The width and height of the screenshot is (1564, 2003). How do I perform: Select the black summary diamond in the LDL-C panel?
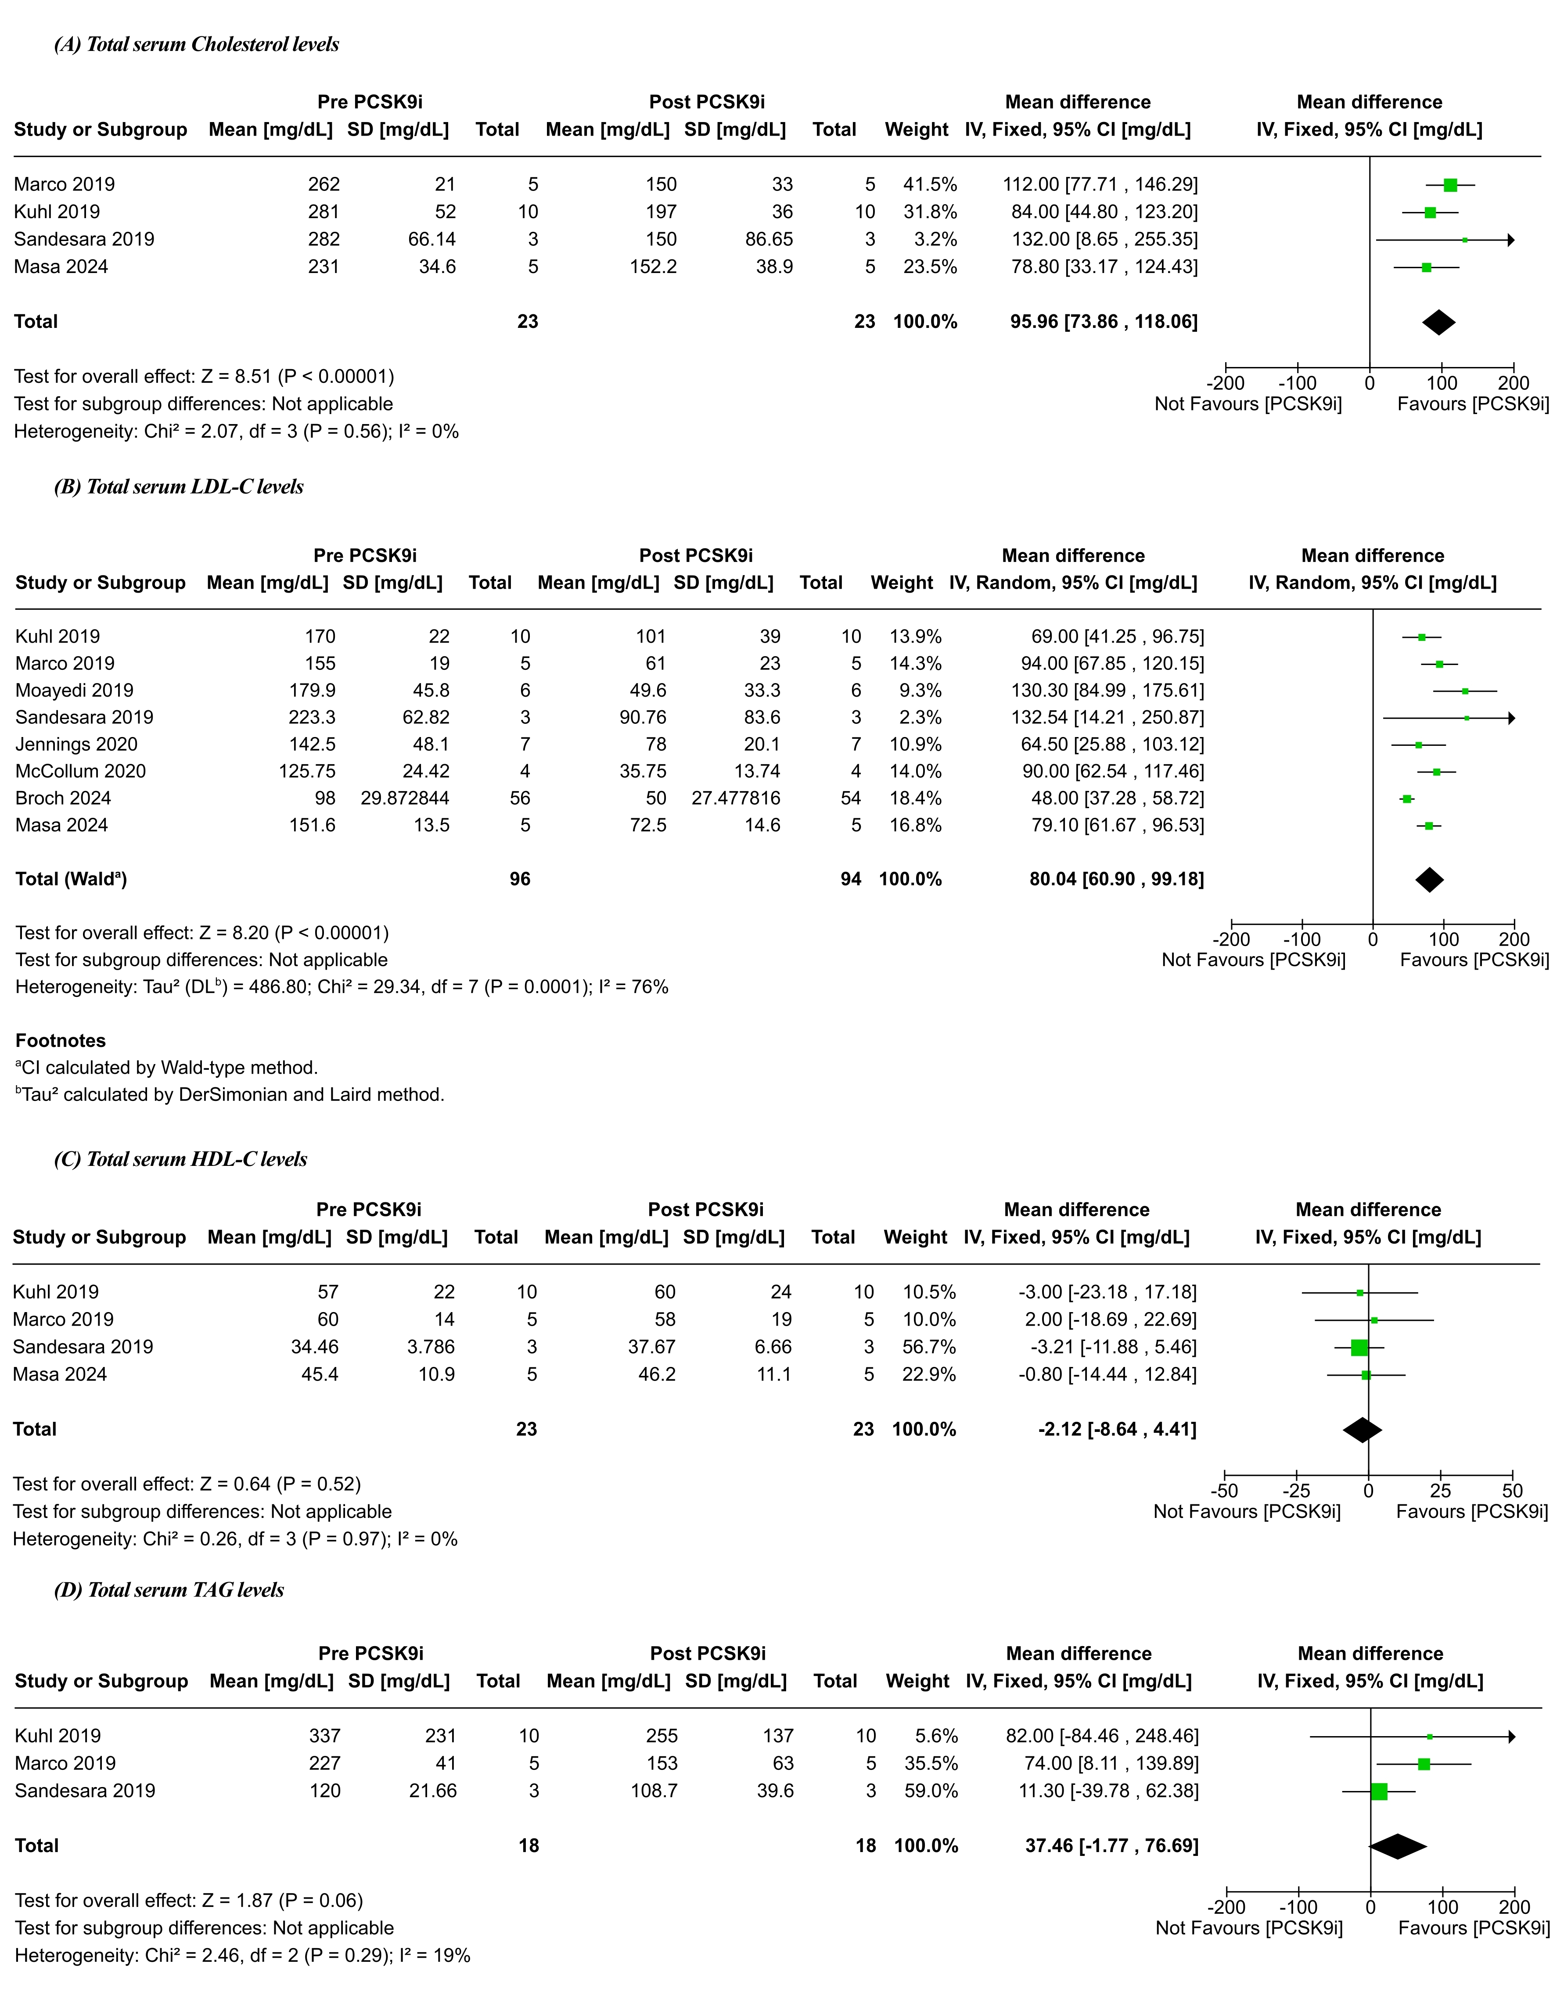1429,880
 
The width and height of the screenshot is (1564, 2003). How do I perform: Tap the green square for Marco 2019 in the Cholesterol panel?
1450,185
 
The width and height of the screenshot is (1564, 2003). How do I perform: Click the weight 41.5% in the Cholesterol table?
930,184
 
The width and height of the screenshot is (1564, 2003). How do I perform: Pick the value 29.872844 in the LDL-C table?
405,798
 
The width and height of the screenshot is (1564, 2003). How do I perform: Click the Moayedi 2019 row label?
74,690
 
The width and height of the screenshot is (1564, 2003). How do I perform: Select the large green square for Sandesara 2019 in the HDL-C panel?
1359,1347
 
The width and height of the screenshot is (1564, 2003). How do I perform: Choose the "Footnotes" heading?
61,1040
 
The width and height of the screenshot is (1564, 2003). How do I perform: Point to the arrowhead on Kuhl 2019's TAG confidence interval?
1512,1736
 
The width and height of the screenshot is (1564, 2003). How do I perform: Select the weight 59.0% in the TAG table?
931,1790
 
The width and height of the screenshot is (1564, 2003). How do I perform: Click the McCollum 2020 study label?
81,771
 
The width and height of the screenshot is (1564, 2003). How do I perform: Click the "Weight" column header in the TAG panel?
917,1681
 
